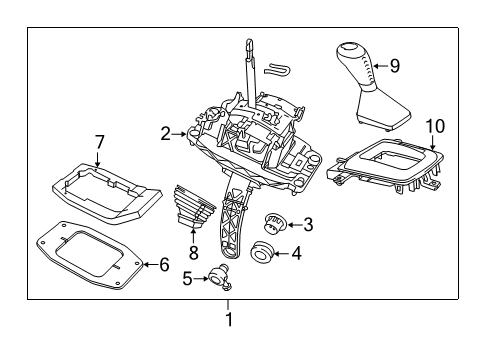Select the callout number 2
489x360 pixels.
coord(165,131)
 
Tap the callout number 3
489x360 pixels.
coord(308,225)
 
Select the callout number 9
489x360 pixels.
coord(393,66)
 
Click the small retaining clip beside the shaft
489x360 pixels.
coord(279,69)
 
